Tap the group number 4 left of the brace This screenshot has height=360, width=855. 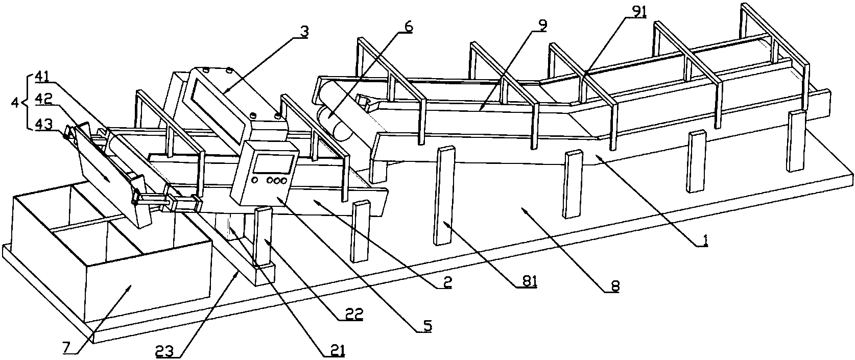click(x=15, y=102)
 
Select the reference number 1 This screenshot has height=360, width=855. click(x=704, y=242)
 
